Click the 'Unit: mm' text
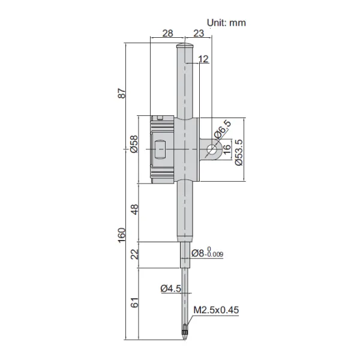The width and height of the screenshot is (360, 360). (226, 22)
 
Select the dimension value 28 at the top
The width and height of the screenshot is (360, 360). (169, 35)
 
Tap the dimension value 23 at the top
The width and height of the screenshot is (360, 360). (199, 35)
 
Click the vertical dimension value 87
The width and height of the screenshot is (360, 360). (122, 94)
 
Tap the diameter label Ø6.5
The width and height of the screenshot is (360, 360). (223, 131)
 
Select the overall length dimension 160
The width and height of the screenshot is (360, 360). (122, 235)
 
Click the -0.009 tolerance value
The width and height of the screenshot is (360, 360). (215, 256)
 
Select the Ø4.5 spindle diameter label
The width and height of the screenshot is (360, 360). (171, 289)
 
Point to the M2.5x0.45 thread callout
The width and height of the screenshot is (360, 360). (216, 310)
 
